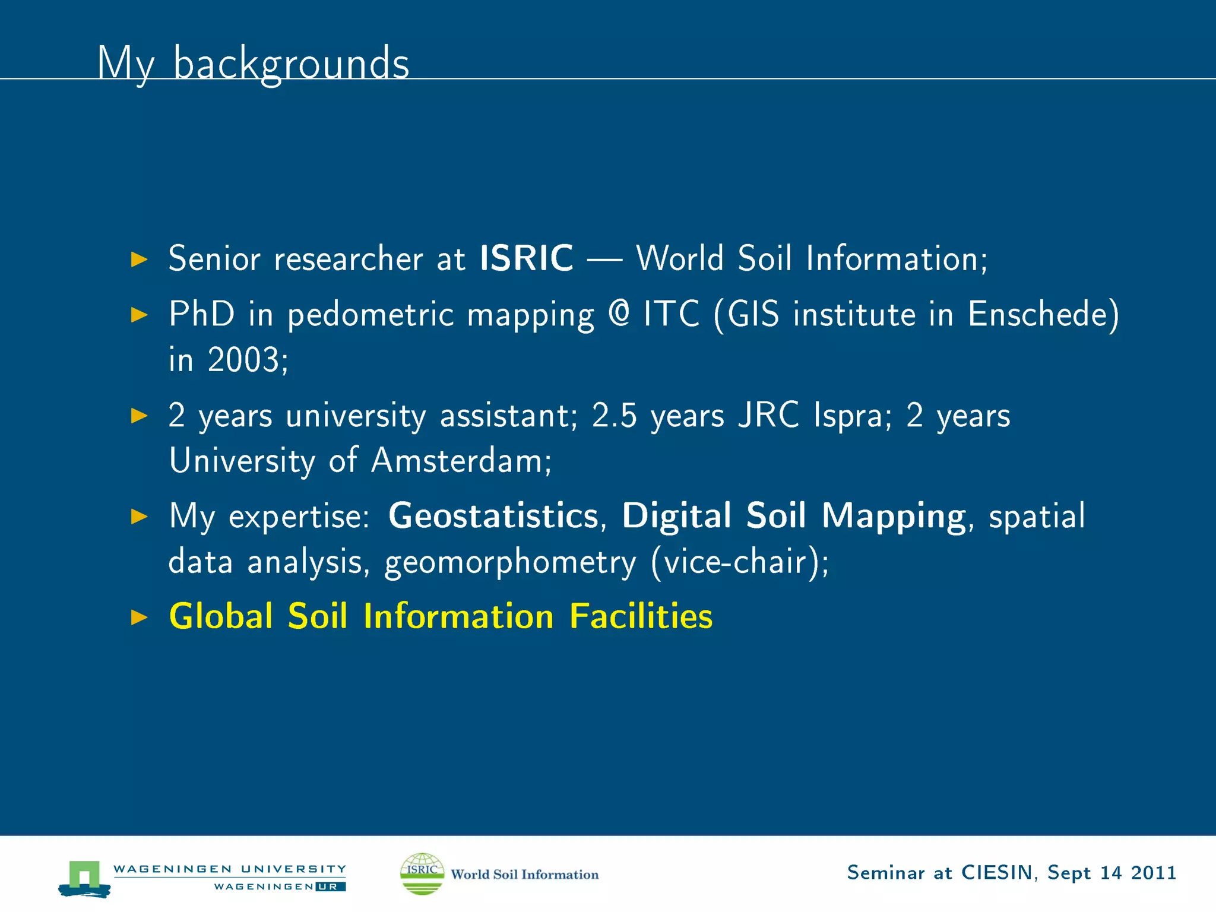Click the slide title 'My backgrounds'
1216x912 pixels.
click(x=253, y=64)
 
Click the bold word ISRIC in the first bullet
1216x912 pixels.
click(x=526, y=258)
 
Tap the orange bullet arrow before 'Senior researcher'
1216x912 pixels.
click(x=139, y=259)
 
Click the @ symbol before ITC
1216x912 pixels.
click(x=619, y=313)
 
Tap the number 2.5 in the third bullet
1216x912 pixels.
click(x=614, y=415)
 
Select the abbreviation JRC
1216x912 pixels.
click(x=768, y=415)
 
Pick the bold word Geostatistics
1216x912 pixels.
click(x=493, y=515)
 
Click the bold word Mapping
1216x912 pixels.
click(x=894, y=515)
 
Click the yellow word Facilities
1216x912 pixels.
click(x=641, y=616)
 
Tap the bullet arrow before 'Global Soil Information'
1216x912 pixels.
click(x=139, y=617)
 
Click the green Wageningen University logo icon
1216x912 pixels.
click(x=84, y=878)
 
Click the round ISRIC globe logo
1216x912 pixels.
click(x=422, y=873)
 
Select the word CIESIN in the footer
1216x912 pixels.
click(x=997, y=873)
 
